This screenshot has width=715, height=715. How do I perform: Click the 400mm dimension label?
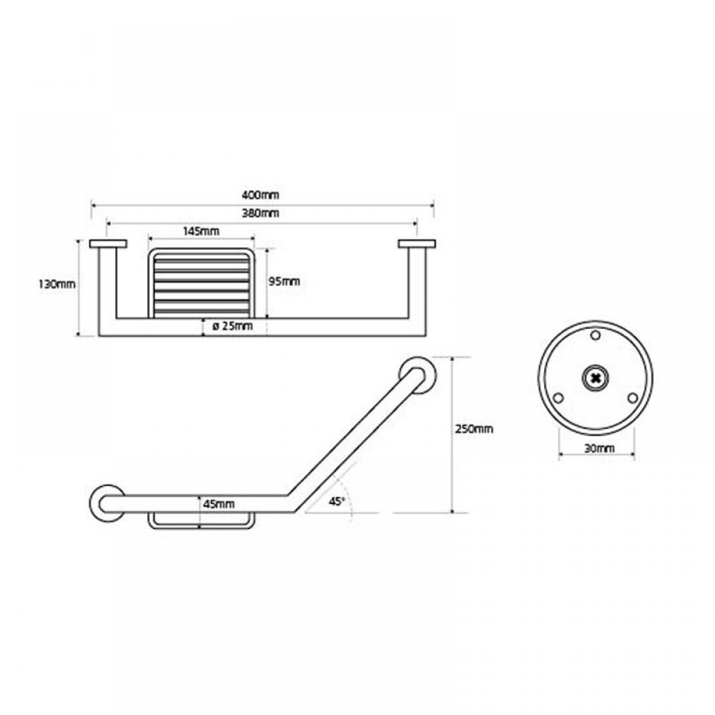pos(260,195)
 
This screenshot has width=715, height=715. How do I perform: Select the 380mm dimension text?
pos(260,213)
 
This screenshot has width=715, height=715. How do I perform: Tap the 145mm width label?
pos(201,231)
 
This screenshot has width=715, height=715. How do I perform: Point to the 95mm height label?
pos(284,281)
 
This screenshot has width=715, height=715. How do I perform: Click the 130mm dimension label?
pos(57,284)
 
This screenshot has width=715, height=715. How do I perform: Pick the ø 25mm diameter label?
pos(232,326)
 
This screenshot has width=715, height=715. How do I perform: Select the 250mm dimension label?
pos(474,429)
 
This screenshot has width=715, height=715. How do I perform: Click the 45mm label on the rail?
pos(219,504)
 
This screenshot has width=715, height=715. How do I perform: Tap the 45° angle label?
pos(337,502)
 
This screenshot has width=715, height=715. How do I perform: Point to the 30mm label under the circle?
pos(599,449)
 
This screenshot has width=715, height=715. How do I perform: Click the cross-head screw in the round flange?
pos(595,378)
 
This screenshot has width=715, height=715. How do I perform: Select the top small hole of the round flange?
pos(595,335)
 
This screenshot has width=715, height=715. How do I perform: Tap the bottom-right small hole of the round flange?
pos(632,398)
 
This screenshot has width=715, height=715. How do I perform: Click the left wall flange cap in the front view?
pos(108,244)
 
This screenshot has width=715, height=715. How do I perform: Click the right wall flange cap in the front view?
pos(417,244)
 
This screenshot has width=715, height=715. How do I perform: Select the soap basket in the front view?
pos(201,282)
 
